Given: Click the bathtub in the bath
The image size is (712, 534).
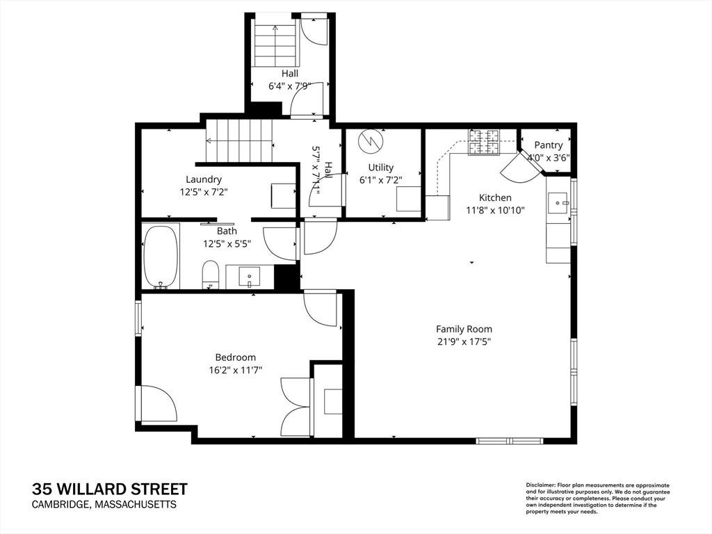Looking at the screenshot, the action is [161, 257].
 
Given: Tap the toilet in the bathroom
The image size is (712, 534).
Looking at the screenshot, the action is [210, 274].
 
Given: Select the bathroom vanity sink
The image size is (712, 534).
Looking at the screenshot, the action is [250, 276].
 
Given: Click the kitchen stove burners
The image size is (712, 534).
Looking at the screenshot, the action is [484, 142].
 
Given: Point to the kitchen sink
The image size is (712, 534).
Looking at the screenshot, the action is [558, 202].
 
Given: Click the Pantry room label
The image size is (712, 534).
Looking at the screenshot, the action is [548, 145].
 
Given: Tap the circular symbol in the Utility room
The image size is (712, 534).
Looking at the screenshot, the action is [371, 142].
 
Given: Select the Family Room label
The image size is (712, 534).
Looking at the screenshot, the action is [464, 329].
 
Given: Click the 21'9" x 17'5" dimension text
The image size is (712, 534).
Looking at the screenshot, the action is [464, 341].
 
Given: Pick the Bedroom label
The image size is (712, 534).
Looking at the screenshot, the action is [235, 357].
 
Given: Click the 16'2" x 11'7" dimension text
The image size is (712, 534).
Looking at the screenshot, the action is [236, 370].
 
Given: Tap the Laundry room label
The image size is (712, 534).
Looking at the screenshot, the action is [204, 179].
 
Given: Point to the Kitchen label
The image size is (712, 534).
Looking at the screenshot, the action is [495, 197].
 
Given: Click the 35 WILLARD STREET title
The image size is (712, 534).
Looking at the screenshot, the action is [109, 489].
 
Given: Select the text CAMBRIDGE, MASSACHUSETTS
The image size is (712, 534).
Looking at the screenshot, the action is [104, 505].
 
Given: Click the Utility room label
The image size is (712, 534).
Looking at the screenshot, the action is [380, 167].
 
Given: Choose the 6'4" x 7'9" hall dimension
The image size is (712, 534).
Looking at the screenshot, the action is [290, 86].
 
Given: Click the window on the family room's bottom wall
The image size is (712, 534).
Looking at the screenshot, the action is [510, 441].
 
